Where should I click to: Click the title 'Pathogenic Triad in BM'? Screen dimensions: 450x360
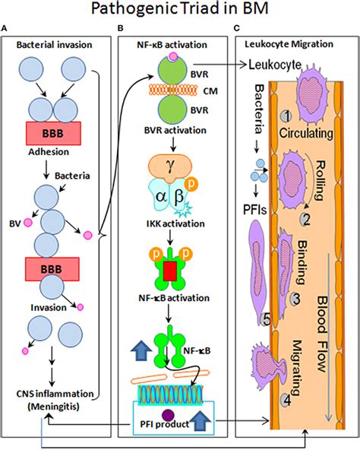point(180,13)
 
